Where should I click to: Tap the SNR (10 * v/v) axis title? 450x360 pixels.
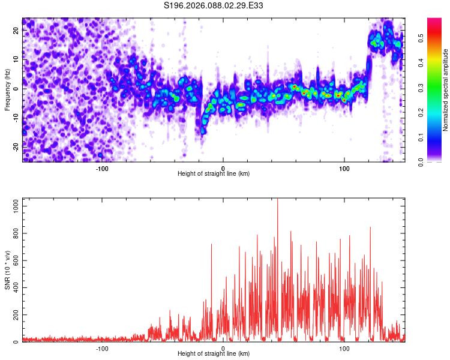click(7, 270)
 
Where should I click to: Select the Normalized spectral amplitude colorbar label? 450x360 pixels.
click(446, 90)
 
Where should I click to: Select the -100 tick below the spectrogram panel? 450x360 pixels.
click(102, 168)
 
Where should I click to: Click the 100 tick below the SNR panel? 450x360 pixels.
click(344, 348)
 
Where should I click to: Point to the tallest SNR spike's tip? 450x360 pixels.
click(277, 199)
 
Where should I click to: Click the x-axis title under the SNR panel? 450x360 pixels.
click(214, 354)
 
